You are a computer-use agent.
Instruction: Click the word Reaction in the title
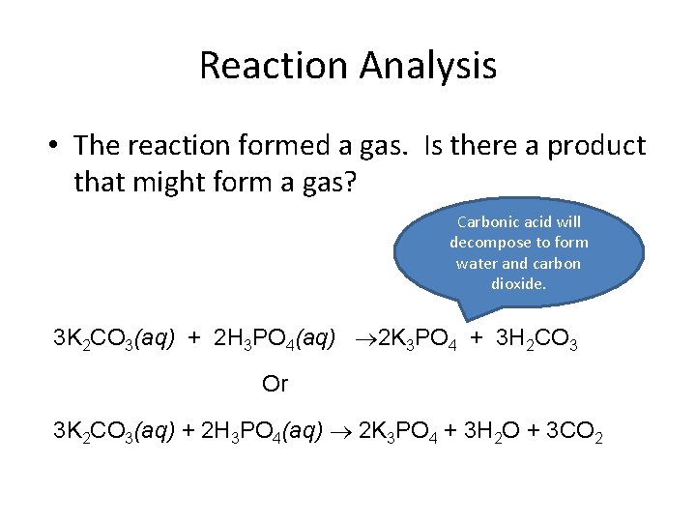pos(275,66)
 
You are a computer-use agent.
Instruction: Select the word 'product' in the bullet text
pos(596,146)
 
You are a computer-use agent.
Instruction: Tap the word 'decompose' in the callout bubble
pos(487,243)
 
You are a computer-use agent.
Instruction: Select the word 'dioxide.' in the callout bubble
pos(518,284)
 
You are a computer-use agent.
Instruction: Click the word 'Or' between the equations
pos(275,385)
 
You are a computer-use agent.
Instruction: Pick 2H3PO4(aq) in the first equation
pos(275,340)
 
